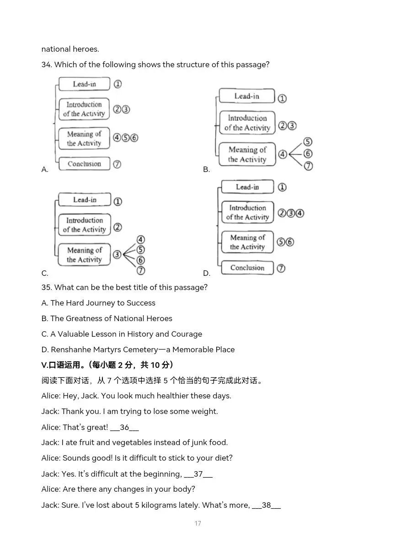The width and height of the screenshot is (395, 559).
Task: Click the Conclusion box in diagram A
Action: [84, 164]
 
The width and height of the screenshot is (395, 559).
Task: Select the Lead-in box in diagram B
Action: [247, 96]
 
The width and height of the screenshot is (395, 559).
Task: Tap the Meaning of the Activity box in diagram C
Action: [84, 255]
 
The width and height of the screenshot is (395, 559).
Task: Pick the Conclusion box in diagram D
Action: [247, 268]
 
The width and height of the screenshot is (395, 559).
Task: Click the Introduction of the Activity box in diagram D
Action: [247, 212]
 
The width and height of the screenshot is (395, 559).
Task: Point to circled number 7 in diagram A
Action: [117, 164]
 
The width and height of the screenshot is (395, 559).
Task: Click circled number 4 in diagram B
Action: [283, 154]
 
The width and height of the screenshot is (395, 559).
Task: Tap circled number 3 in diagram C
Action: [117, 255]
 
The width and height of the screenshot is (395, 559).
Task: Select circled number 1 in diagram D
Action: [282, 187]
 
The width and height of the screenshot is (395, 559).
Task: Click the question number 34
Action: [46, 65]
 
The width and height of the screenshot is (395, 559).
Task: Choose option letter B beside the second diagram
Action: [206, 170]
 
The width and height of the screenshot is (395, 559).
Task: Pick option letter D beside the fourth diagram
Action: [206, 274]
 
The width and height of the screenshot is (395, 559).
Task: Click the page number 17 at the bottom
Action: [197, 523]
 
